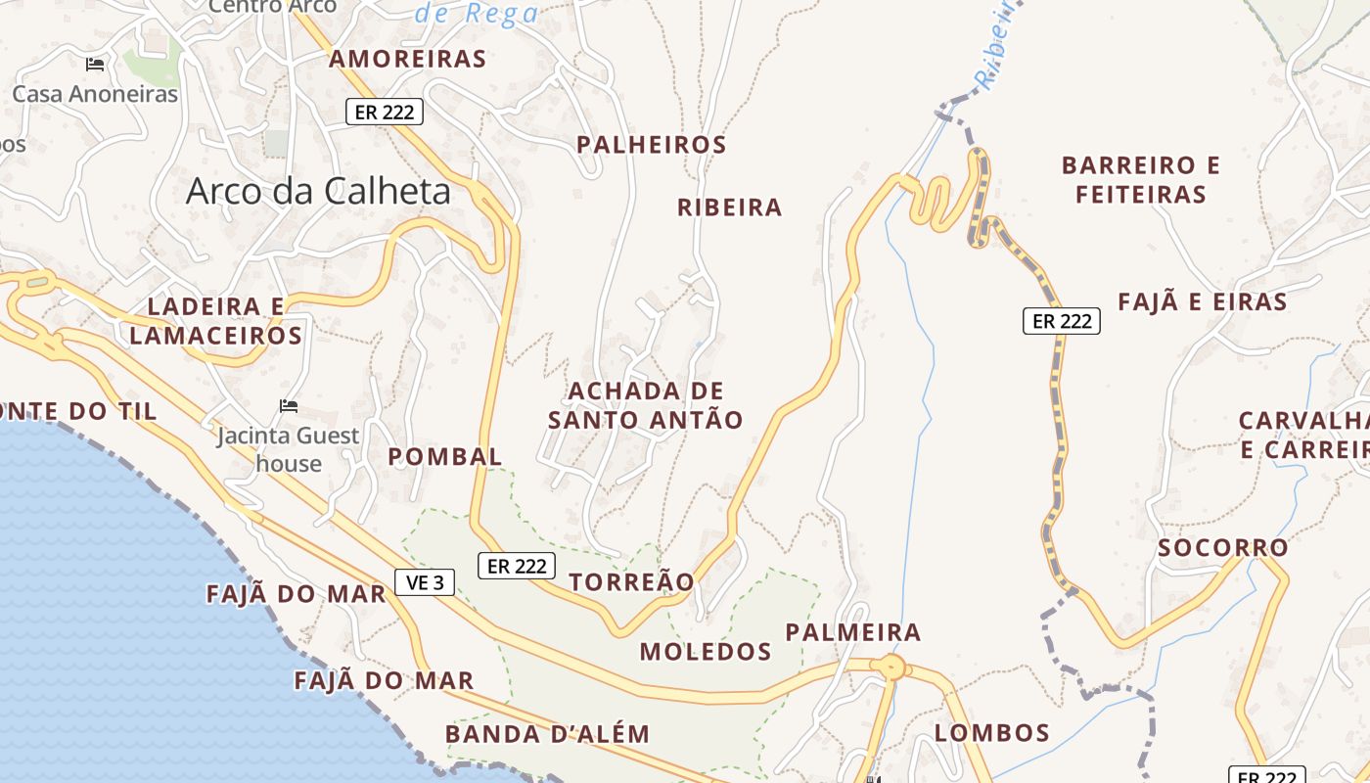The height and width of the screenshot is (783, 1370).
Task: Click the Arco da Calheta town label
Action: pyautogui.click(x=318, y=191)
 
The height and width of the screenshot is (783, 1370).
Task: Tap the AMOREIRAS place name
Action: pyautogui.click(x=407, y=59)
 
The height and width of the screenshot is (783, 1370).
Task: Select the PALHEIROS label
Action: pyautogui.click(x=651, y=145)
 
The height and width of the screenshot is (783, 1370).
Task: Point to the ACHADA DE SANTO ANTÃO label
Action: pyautogui.click(x=645, y=405)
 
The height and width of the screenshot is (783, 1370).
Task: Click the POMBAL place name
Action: pyautogui.click(x=445, y=457)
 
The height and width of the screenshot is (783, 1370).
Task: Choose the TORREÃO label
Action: pyautogui.click(x=631, y=582)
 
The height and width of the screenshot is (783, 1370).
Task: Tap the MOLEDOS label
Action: pyautogui.click(x=706, y=652)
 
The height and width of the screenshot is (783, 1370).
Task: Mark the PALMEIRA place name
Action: pyautogui.click(x=853, y=632)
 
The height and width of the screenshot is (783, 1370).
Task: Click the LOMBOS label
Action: pyautogui.click(x=992, y=733)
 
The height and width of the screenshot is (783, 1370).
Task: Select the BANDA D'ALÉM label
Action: pyautogui.click(x=547, y=734)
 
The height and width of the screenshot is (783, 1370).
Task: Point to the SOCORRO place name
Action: pyautogui.click(x=1223, y=548)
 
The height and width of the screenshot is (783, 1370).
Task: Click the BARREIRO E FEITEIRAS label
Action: pyautogui.click(x=1141, y=179)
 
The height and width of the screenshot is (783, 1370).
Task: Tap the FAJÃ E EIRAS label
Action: pyautogui.click(x=1203, y=302)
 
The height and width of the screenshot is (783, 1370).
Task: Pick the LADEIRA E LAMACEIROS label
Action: pyautogui.click(x=215, y=321)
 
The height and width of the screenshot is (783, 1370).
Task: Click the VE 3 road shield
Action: pyautogui.click(x=425, y=582)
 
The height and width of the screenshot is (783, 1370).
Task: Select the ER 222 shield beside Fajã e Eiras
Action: pyautogui.click(x=1062, y=320)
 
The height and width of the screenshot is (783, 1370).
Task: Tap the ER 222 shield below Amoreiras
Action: pyautogui.click(x=385, y=112)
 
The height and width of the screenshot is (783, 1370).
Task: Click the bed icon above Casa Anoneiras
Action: pyautogui.click(x=95, y=65)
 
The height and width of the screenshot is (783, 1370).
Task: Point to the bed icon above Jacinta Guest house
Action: pyautogui.click(x=289, y=406)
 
